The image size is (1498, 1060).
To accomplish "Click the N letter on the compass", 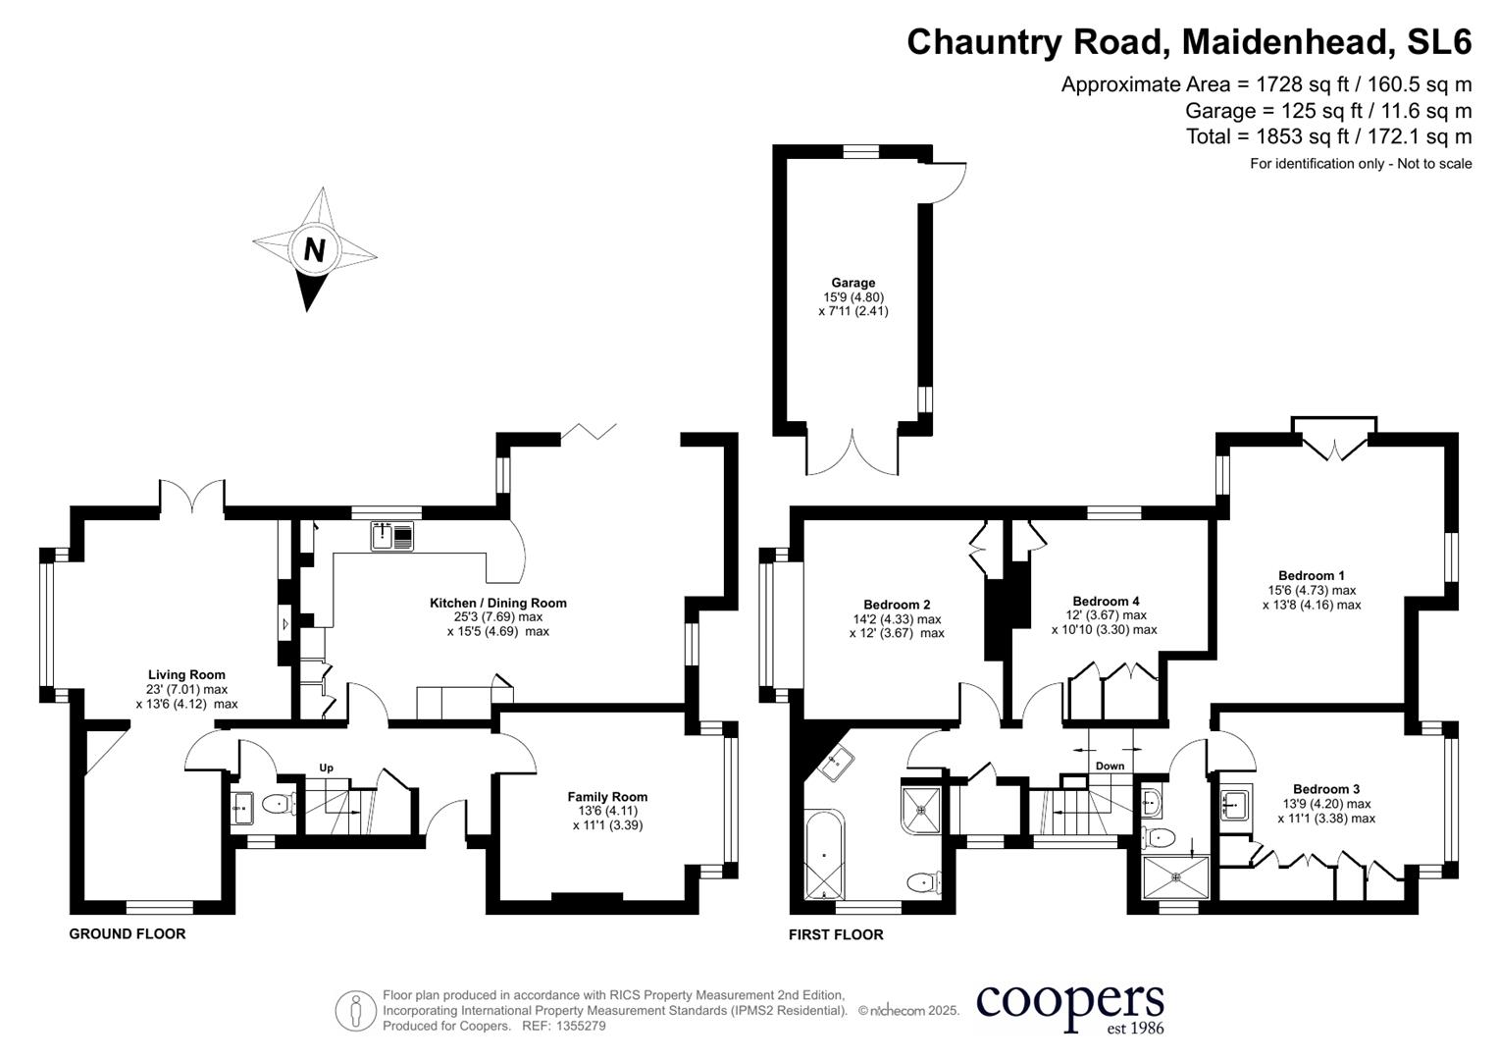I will click(314, 249).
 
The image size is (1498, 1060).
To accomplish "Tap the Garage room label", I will click(852, 283).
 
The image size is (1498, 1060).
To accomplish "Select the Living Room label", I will click(186, 674).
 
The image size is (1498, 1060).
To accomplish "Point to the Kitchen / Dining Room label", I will click(497, 603).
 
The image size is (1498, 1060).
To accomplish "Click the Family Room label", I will click(607, 797).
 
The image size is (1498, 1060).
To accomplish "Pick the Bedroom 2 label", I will click(897, 605).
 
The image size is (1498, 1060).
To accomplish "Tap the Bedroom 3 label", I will click(1326, 789).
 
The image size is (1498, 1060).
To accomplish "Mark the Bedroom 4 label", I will click(1106, 601).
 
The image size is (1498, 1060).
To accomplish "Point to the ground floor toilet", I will click(279, 805).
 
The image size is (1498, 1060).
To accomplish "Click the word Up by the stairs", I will click(326, 768).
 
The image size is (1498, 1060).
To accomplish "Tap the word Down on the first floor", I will click(1110, 766).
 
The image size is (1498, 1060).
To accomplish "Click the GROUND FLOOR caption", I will click(127, 933).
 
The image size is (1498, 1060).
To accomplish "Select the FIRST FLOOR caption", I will click(836, 934).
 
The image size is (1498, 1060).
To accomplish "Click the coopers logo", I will click(1069, 1005).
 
